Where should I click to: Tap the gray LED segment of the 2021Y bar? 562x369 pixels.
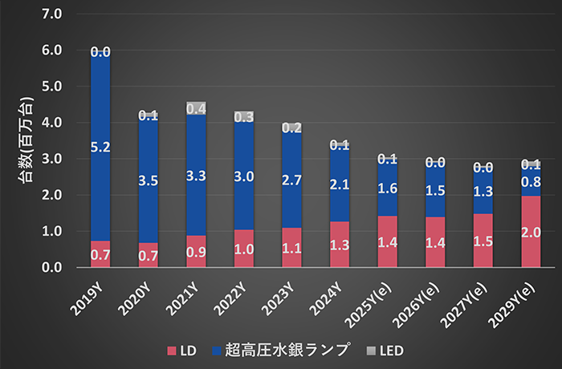[196, 107]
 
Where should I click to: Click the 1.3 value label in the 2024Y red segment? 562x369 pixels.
[340, 246]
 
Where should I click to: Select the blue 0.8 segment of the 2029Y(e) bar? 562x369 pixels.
[531, 181]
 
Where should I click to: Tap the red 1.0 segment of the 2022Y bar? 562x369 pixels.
[243, 249]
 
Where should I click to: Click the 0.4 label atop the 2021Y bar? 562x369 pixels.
[196, 107]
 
